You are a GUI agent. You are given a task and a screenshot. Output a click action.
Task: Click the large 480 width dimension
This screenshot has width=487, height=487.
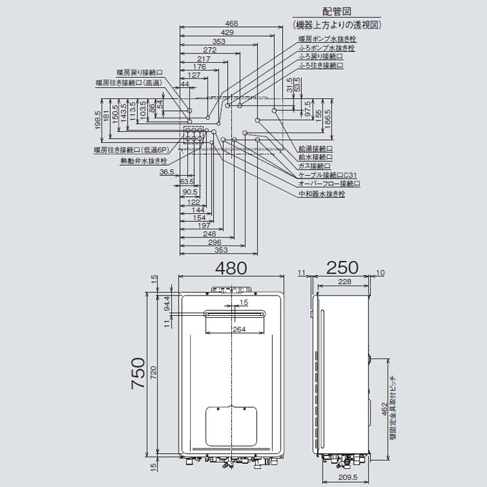tap(231, 268)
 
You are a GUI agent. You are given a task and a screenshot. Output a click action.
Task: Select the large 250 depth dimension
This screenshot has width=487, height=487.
tap(344, 268)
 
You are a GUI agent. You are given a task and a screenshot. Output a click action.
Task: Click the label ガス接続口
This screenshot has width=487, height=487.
tap(315, 166)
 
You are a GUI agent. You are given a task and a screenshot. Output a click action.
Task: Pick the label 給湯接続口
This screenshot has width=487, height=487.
tap(315, 147)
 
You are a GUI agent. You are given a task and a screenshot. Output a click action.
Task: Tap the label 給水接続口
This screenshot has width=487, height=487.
tap(315, 156)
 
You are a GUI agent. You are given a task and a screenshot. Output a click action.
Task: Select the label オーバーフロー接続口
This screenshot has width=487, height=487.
tap(329, 184)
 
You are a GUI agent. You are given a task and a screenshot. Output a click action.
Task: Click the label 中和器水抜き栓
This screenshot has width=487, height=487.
tap(321, 193)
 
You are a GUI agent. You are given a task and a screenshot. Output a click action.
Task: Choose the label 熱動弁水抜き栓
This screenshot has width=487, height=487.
tap(143, 161)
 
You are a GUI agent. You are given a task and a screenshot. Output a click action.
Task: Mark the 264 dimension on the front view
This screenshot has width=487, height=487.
tap(239, 329)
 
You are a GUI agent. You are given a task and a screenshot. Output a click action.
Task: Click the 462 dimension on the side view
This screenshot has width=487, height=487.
tap(384, 409)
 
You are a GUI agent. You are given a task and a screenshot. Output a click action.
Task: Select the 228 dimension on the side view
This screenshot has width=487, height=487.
tap(344, 282)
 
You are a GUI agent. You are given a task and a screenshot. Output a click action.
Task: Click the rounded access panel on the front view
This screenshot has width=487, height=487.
tap(232, 426)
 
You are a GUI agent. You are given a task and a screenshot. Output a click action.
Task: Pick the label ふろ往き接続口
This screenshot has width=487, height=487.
tap(321, 66)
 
